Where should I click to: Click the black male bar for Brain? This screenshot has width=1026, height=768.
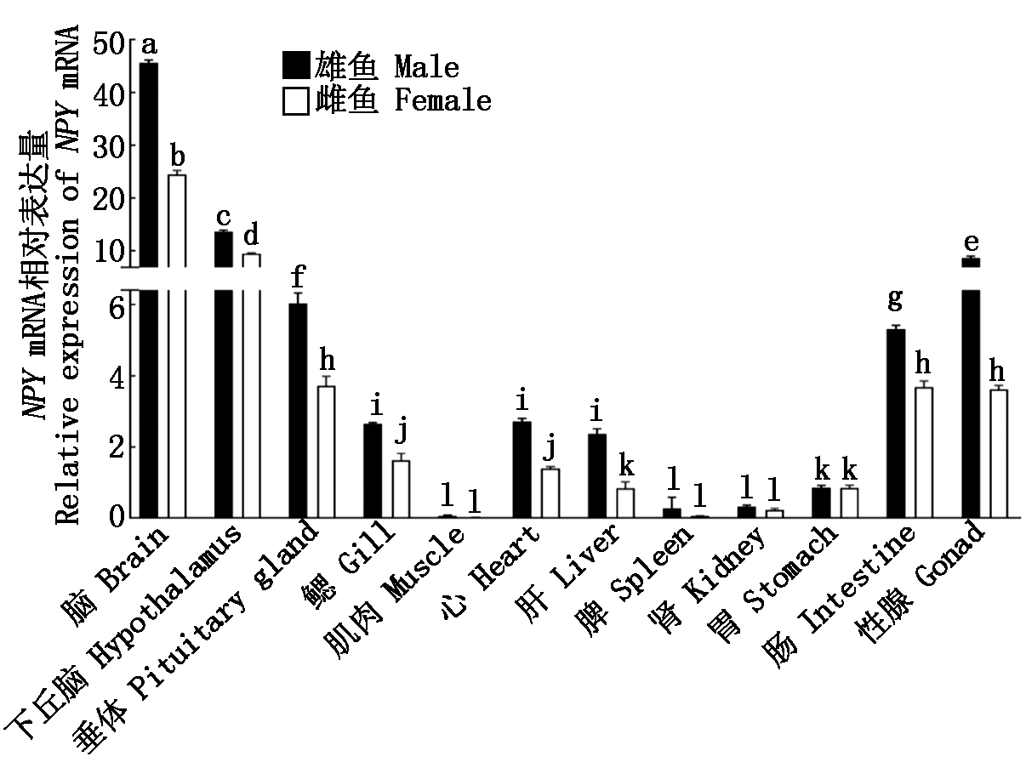point(148,289)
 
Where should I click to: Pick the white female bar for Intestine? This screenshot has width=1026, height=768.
point(924,452)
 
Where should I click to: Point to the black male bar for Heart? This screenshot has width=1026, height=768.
point(522,469)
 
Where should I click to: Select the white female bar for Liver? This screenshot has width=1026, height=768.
point(625,503)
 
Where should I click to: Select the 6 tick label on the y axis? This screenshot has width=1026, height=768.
point(117,306)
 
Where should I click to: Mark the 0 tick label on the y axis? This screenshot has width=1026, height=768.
point(117,516)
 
